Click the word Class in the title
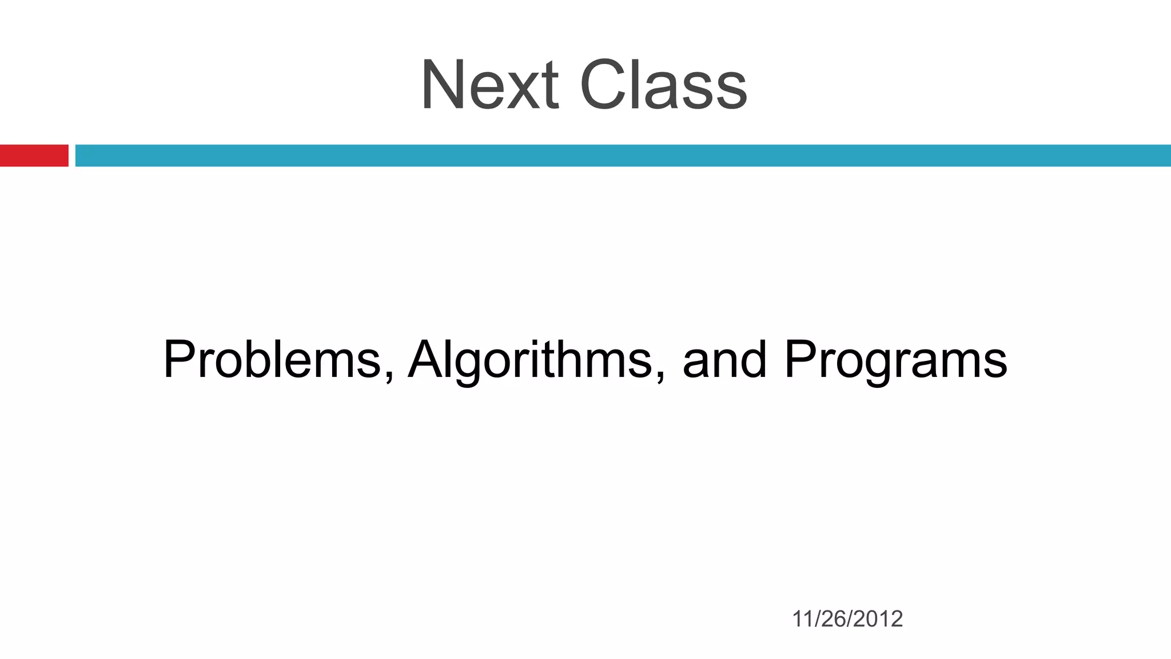663,86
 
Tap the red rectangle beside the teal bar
34,156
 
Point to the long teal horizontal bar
623,156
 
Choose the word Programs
895,360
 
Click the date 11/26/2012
847,619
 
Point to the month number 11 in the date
803,619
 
